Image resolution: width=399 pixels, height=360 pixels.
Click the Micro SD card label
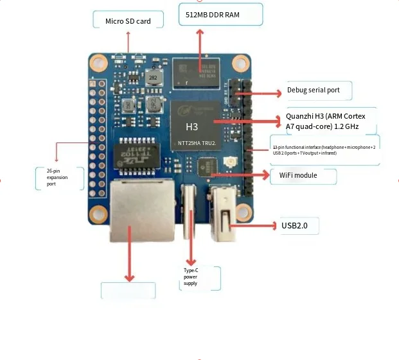click(x=128, y=21)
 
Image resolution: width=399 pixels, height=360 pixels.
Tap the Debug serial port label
click(x=313, y=90)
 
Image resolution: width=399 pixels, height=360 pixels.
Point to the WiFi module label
click(x=297, y=175)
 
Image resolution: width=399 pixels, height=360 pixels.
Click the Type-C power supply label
click(x=191, y=277)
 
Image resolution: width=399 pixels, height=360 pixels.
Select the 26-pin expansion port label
click(x=57, y=177)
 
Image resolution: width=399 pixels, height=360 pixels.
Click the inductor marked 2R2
click(x=153, y=77)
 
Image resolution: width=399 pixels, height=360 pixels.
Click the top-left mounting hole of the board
click(x=98, y=63)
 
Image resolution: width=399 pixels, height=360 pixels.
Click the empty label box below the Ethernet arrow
click(x=128, y=290)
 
